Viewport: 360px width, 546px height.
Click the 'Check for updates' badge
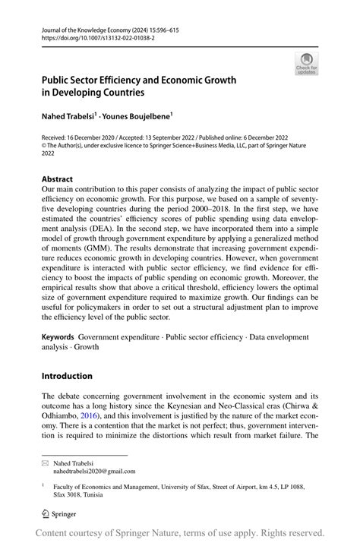click(306, 64)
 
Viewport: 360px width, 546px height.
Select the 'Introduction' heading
click(67, 375)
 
